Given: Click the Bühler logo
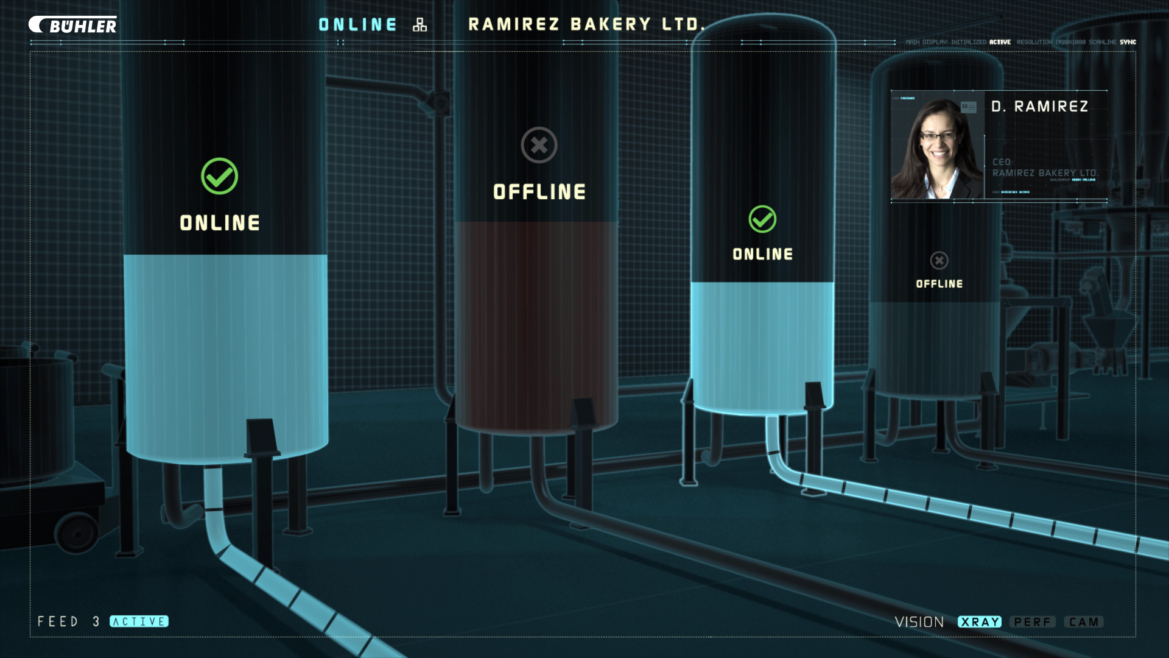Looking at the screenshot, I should (73, 25).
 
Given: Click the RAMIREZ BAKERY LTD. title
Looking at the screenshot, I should (586, 24).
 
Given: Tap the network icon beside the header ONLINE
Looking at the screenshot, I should (420, 24).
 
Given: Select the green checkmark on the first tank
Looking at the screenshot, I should (219, 176).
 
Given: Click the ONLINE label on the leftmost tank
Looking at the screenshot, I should (220, 223).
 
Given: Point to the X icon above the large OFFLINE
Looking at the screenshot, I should (539, 145).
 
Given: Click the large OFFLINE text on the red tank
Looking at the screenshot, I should (539, 192).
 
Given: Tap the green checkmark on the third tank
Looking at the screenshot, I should (762, 219).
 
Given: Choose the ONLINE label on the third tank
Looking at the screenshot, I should (763, 254).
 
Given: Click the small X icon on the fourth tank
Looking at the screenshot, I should (939, 261).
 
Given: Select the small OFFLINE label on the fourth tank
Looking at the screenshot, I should (939, 284).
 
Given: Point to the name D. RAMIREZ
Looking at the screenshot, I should (1039, 107).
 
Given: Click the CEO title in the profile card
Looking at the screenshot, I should (1002, 162).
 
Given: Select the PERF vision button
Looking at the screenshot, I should (1033, 622).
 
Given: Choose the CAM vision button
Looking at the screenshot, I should (1084, 622).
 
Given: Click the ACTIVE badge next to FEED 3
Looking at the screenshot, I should (139, 621).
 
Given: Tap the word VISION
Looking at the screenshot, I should (919, 622).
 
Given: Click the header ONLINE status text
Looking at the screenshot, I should (357, 24).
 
